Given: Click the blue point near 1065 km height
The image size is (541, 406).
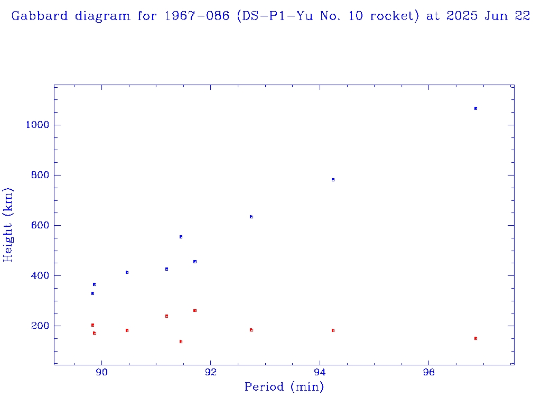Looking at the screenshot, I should click(475, 108).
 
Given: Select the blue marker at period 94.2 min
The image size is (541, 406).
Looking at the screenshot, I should click(333, 180).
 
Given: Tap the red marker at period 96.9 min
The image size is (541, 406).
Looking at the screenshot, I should click(475, 338).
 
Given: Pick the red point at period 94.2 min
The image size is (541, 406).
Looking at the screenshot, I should click(333, 330).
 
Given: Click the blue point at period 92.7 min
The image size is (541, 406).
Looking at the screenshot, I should click(251, 217).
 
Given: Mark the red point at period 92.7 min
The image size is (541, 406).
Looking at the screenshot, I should click(251, 330).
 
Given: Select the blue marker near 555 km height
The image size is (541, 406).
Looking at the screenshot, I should click(181, 237).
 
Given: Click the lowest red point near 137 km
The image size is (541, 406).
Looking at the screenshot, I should click(181, 342).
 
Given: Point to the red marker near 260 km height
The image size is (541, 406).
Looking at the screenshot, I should click(195, 310).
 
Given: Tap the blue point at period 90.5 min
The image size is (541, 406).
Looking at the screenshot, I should click(127, 272).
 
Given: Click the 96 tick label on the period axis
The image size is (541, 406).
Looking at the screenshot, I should click(429, 373).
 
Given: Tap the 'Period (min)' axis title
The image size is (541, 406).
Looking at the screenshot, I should click(284, 387).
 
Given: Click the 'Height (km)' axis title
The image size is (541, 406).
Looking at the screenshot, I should click(8, 225).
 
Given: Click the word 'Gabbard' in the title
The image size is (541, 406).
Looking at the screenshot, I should click(40, 16).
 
